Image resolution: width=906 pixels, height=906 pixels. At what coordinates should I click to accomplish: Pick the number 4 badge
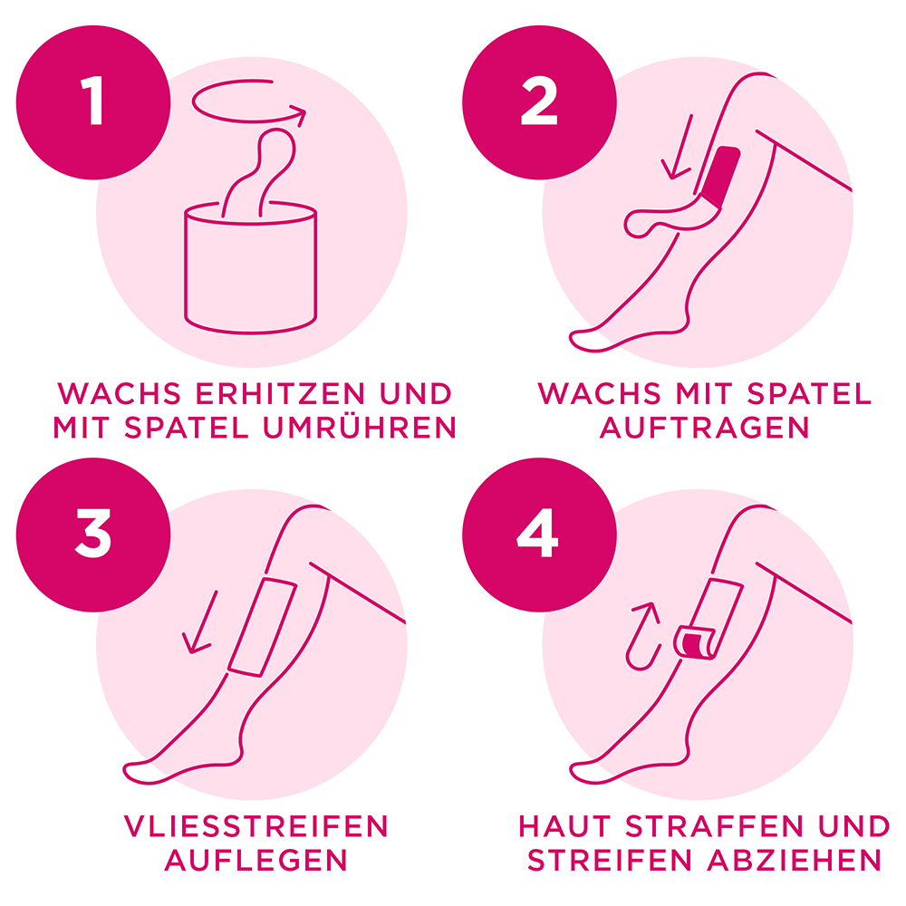(x=540, y=533)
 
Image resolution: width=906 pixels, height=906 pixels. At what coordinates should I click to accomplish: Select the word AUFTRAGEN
(x=705, y=428)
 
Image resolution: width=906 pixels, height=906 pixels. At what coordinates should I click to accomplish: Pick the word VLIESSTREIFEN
(x=255, y=826)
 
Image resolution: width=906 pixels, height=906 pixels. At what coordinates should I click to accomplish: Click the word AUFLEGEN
(x=255, y=860)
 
